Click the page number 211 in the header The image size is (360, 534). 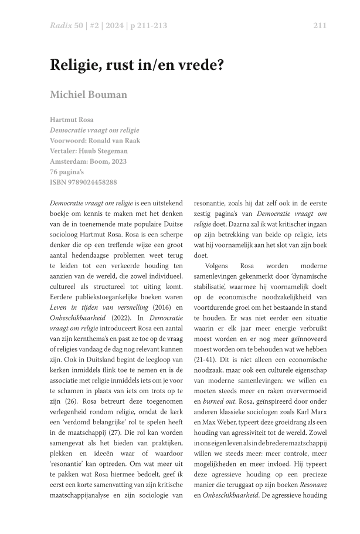(x=320, y=25)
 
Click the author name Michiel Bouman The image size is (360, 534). (x=89, y=94)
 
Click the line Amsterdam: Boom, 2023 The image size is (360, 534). (x=89, y=161)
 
